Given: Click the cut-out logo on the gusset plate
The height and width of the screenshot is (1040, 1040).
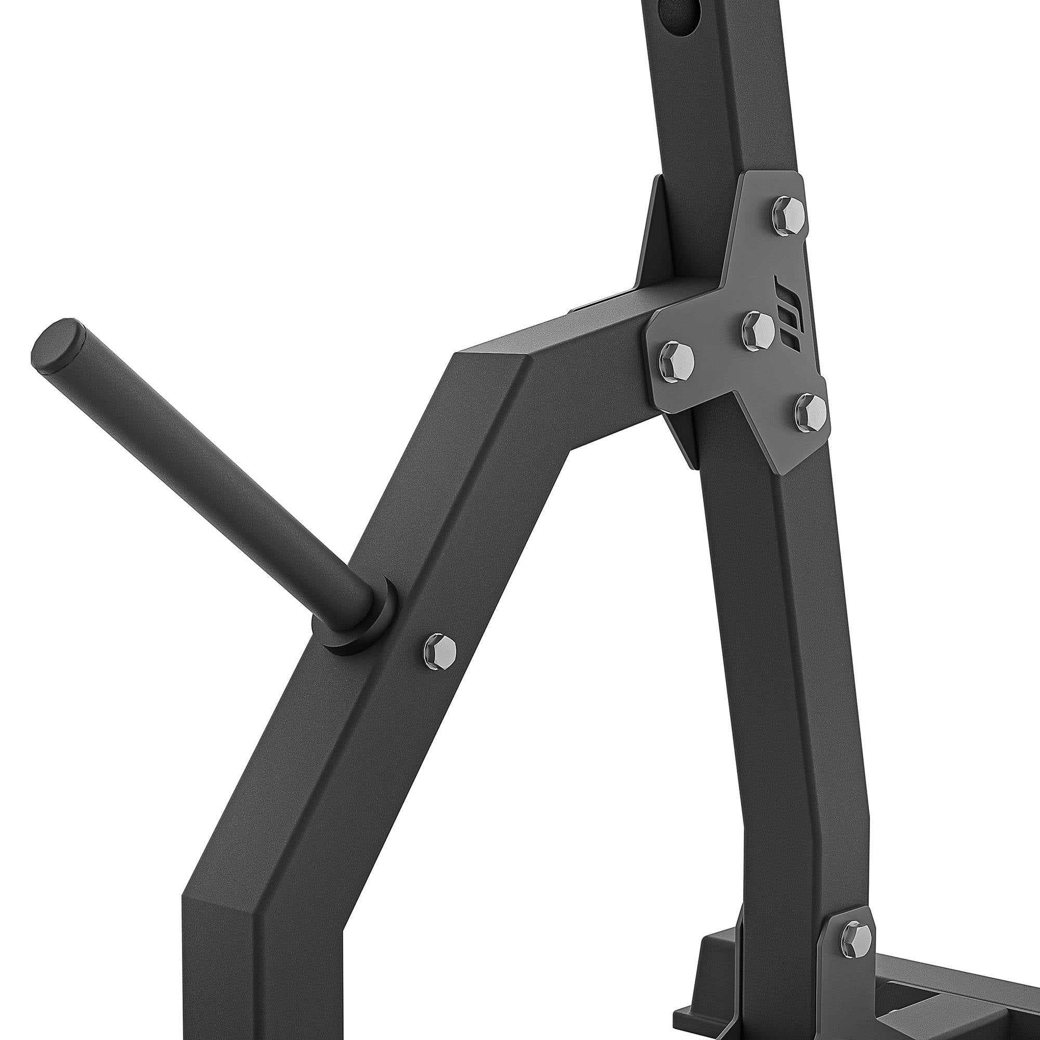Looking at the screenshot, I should pos(793,313).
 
